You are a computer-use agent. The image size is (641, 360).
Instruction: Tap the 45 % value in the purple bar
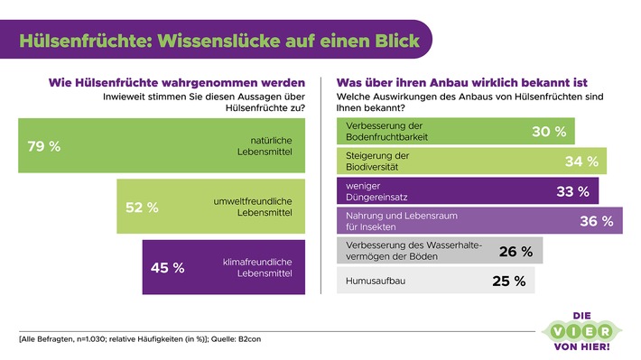click(x=166, y=267)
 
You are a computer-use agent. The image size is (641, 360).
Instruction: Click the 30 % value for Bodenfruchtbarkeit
click(x=548, y=132)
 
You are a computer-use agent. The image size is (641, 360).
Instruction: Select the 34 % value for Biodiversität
click(x=580, y=162)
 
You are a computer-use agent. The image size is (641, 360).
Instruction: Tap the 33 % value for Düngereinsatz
click(x=571, y=191)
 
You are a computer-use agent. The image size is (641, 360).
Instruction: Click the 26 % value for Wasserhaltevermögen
click(x=516, y=251)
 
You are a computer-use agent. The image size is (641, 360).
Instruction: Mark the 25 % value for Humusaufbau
click(x=507, y=281)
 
